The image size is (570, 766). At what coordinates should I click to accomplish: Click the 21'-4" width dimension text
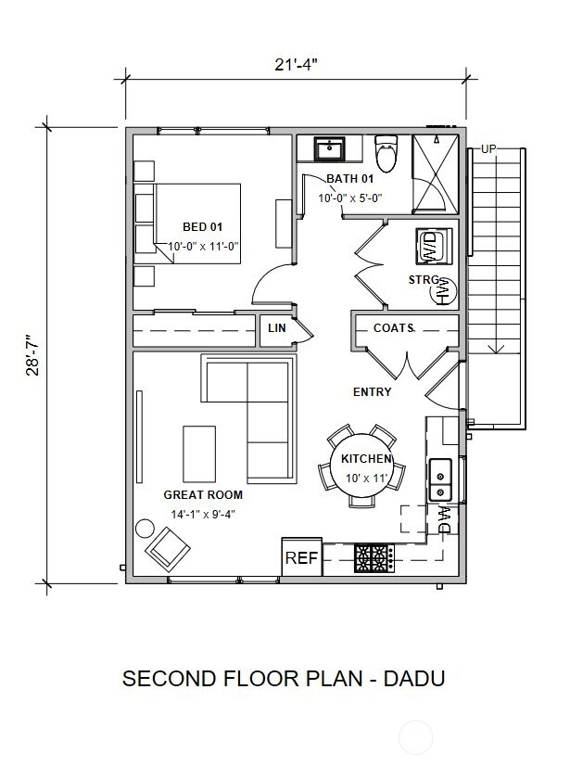[296, 65]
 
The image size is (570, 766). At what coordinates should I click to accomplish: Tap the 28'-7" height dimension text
[32, 355]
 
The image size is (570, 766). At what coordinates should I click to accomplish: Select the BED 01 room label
[203, 226]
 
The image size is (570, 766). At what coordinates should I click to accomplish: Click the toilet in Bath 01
[386, 153]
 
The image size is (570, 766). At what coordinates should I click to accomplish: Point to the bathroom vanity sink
[330, 149]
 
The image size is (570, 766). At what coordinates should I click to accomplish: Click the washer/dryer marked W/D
[433, 247]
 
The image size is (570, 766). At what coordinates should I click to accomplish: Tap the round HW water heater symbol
[444, 291]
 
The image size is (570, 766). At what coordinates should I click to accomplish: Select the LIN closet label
[277, 327]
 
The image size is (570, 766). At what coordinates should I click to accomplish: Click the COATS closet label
[394, 327]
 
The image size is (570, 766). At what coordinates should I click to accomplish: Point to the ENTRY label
[373, 391]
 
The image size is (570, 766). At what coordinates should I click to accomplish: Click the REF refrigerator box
[302, 557]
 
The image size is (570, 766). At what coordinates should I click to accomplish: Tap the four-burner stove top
[374, 558]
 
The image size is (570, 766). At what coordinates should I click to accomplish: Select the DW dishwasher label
[444, 519]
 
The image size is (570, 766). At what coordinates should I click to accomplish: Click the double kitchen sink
[440, 479]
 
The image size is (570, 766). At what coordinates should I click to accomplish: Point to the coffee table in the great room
[199, 453]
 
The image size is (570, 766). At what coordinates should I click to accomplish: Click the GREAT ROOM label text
[203, 495]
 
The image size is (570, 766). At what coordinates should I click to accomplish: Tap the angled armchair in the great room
[168, 549]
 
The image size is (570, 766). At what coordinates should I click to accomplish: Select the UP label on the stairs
[488, 149]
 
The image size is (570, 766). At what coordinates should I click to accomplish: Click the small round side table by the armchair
[145, 529]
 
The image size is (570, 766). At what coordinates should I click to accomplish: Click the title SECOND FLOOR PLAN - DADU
[284, 679]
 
